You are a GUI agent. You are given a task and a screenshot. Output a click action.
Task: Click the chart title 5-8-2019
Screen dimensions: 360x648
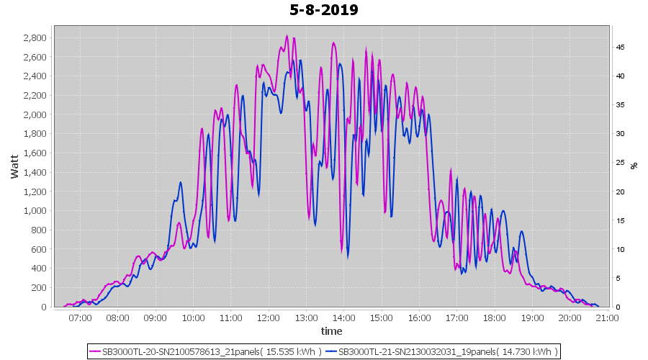pos(323,10)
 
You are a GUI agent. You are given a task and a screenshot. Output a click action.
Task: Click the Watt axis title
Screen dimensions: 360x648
pos(14,166)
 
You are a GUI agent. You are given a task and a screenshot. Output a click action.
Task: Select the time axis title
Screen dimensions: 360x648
pos(331,331)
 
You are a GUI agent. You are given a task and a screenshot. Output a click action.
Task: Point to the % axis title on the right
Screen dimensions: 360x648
pos(634,166)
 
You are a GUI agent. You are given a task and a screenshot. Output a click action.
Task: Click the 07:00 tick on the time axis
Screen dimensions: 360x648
pos(80,318)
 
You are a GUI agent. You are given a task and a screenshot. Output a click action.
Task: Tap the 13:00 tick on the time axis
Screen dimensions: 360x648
pos(306,318)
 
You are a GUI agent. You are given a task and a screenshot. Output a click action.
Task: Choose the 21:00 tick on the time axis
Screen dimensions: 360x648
pos(608,318)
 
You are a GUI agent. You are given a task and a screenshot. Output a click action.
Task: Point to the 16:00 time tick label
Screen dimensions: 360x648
pos(419,318)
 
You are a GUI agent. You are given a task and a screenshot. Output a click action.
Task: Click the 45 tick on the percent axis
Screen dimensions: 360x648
pos(619,47)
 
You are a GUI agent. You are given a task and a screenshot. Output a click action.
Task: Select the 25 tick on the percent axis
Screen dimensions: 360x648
pos(619,163)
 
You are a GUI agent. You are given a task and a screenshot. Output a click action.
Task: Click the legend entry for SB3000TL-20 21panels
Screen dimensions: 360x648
pos(205,351)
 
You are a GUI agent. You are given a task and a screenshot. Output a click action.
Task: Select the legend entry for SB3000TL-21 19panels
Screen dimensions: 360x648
pos(441,351)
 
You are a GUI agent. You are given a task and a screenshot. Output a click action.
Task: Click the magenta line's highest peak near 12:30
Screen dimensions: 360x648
pos(287,36)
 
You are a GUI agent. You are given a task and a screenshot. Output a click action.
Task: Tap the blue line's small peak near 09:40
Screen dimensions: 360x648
pos(180,183)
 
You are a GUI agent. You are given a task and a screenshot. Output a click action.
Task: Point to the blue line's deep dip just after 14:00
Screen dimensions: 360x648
pos(348,256)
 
